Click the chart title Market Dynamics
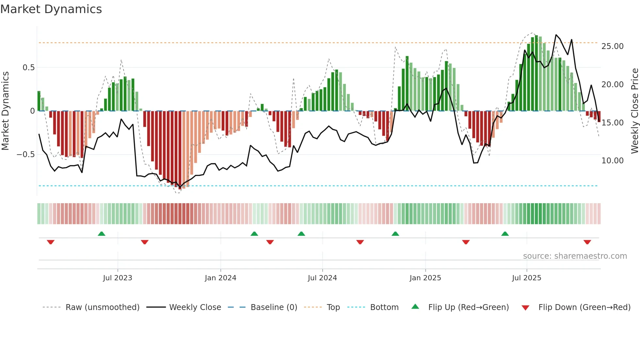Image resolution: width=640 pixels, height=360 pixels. point(51,9)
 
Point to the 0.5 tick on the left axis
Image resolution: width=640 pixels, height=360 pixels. point(28,68)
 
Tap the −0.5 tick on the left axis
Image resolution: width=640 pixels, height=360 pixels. point(25,155)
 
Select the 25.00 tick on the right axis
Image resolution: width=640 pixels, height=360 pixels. point(612,46)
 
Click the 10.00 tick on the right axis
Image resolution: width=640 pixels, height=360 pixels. point(612,161)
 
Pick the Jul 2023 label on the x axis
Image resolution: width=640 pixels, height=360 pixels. point(118,278)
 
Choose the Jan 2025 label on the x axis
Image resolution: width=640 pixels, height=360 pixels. point(425,278)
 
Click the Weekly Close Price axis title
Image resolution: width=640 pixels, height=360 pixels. point(634,111)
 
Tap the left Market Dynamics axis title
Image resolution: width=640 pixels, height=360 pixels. point(5,111)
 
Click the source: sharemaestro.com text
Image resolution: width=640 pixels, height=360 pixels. point(575,256)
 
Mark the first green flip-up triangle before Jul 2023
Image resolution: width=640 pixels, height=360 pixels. point(102,234)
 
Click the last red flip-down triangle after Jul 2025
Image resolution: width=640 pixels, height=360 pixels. point(587,242)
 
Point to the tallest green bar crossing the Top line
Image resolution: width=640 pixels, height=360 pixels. point(536,72)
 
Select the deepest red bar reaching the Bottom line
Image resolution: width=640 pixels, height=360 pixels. point(180,150)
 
